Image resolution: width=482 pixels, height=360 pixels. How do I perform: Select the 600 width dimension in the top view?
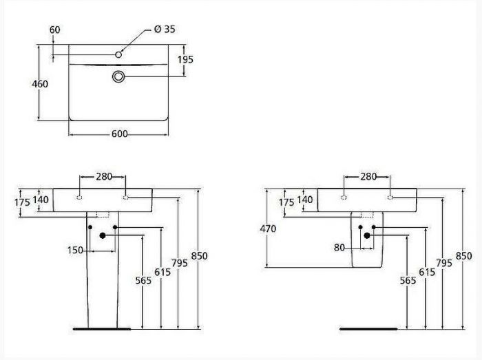(x=119, y=134)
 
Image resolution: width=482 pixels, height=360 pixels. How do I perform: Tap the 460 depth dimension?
(x=41, y=84)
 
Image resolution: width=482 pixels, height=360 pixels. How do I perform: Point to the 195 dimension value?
(x=185, y=60)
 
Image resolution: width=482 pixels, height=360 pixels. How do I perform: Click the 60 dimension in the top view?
(x=55, y=29)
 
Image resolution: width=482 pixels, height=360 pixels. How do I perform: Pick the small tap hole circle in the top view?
(x=118, y=54)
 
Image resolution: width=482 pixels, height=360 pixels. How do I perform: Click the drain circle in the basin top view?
(x=118, y=76)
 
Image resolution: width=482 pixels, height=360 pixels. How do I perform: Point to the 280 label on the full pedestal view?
(x=103, y=177)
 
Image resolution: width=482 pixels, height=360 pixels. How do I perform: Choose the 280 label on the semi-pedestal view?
(x=368, y=177)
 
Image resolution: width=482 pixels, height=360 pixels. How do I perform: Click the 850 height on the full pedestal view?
(x=199, y=255)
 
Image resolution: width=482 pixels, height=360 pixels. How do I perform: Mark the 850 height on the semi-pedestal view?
(x=463, y=255)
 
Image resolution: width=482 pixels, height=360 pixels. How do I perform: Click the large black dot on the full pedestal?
(x=103, y=235)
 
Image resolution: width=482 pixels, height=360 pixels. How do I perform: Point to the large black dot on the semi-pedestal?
(x=367, y=235)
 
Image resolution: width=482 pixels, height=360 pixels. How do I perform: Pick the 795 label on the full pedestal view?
(x=180, y=263)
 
